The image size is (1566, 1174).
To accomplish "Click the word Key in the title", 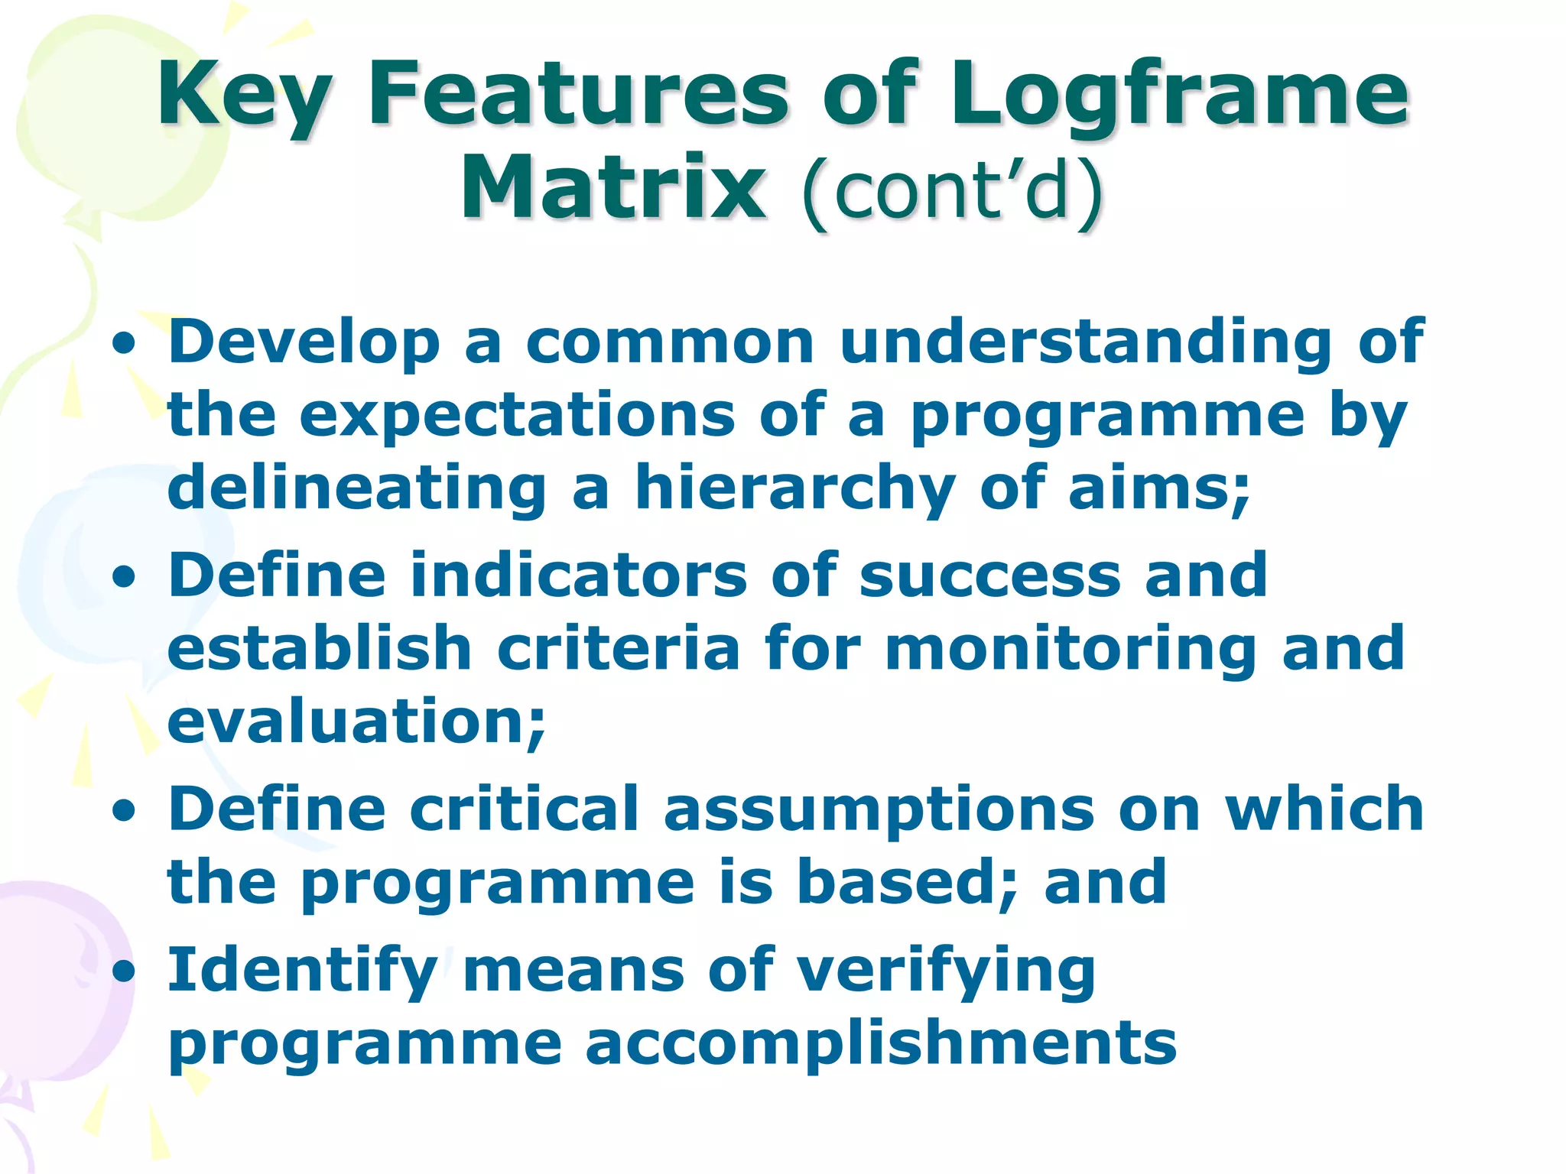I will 245,96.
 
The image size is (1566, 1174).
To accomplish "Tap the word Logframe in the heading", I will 1178,96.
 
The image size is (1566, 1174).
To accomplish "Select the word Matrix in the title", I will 612,187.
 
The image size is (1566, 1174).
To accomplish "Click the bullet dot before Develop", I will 123,344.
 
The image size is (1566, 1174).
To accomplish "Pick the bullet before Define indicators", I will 123,578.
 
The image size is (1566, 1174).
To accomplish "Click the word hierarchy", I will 795,489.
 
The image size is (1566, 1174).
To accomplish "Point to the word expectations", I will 517,417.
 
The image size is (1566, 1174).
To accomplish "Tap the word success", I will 989,576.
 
